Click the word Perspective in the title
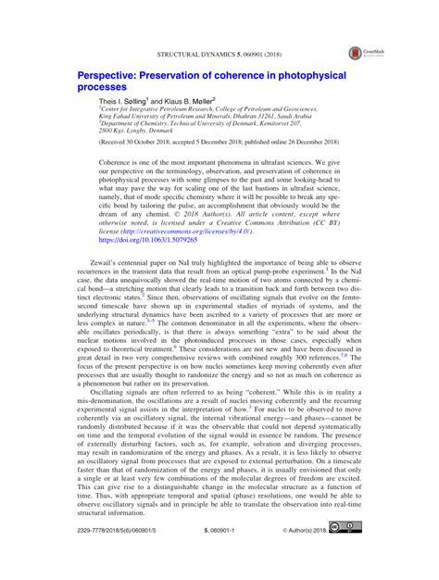pos(107,73)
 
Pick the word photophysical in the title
pos(302,73)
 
